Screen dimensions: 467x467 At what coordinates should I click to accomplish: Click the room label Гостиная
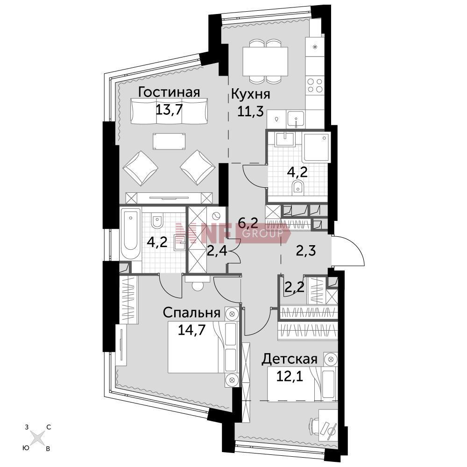[169, 92]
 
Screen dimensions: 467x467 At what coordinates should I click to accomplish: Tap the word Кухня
[251, 94]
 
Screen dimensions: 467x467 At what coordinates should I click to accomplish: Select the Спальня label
[192, 313]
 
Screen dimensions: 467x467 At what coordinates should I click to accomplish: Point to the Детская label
[289, 359]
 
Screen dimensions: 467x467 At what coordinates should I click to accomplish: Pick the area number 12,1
[290, 377]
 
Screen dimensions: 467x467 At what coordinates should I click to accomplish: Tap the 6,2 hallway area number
[248, 222]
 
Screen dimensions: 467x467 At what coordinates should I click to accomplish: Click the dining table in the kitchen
[265, 62]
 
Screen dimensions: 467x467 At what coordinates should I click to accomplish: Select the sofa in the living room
[169, 111]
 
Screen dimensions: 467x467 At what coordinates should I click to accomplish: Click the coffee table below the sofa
[169, 141]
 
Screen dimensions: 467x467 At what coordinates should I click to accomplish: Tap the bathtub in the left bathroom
[131, 234]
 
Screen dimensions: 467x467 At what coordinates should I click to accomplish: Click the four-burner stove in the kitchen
[315, 85]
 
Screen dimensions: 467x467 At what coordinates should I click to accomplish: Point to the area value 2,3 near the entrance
[306, 251]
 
